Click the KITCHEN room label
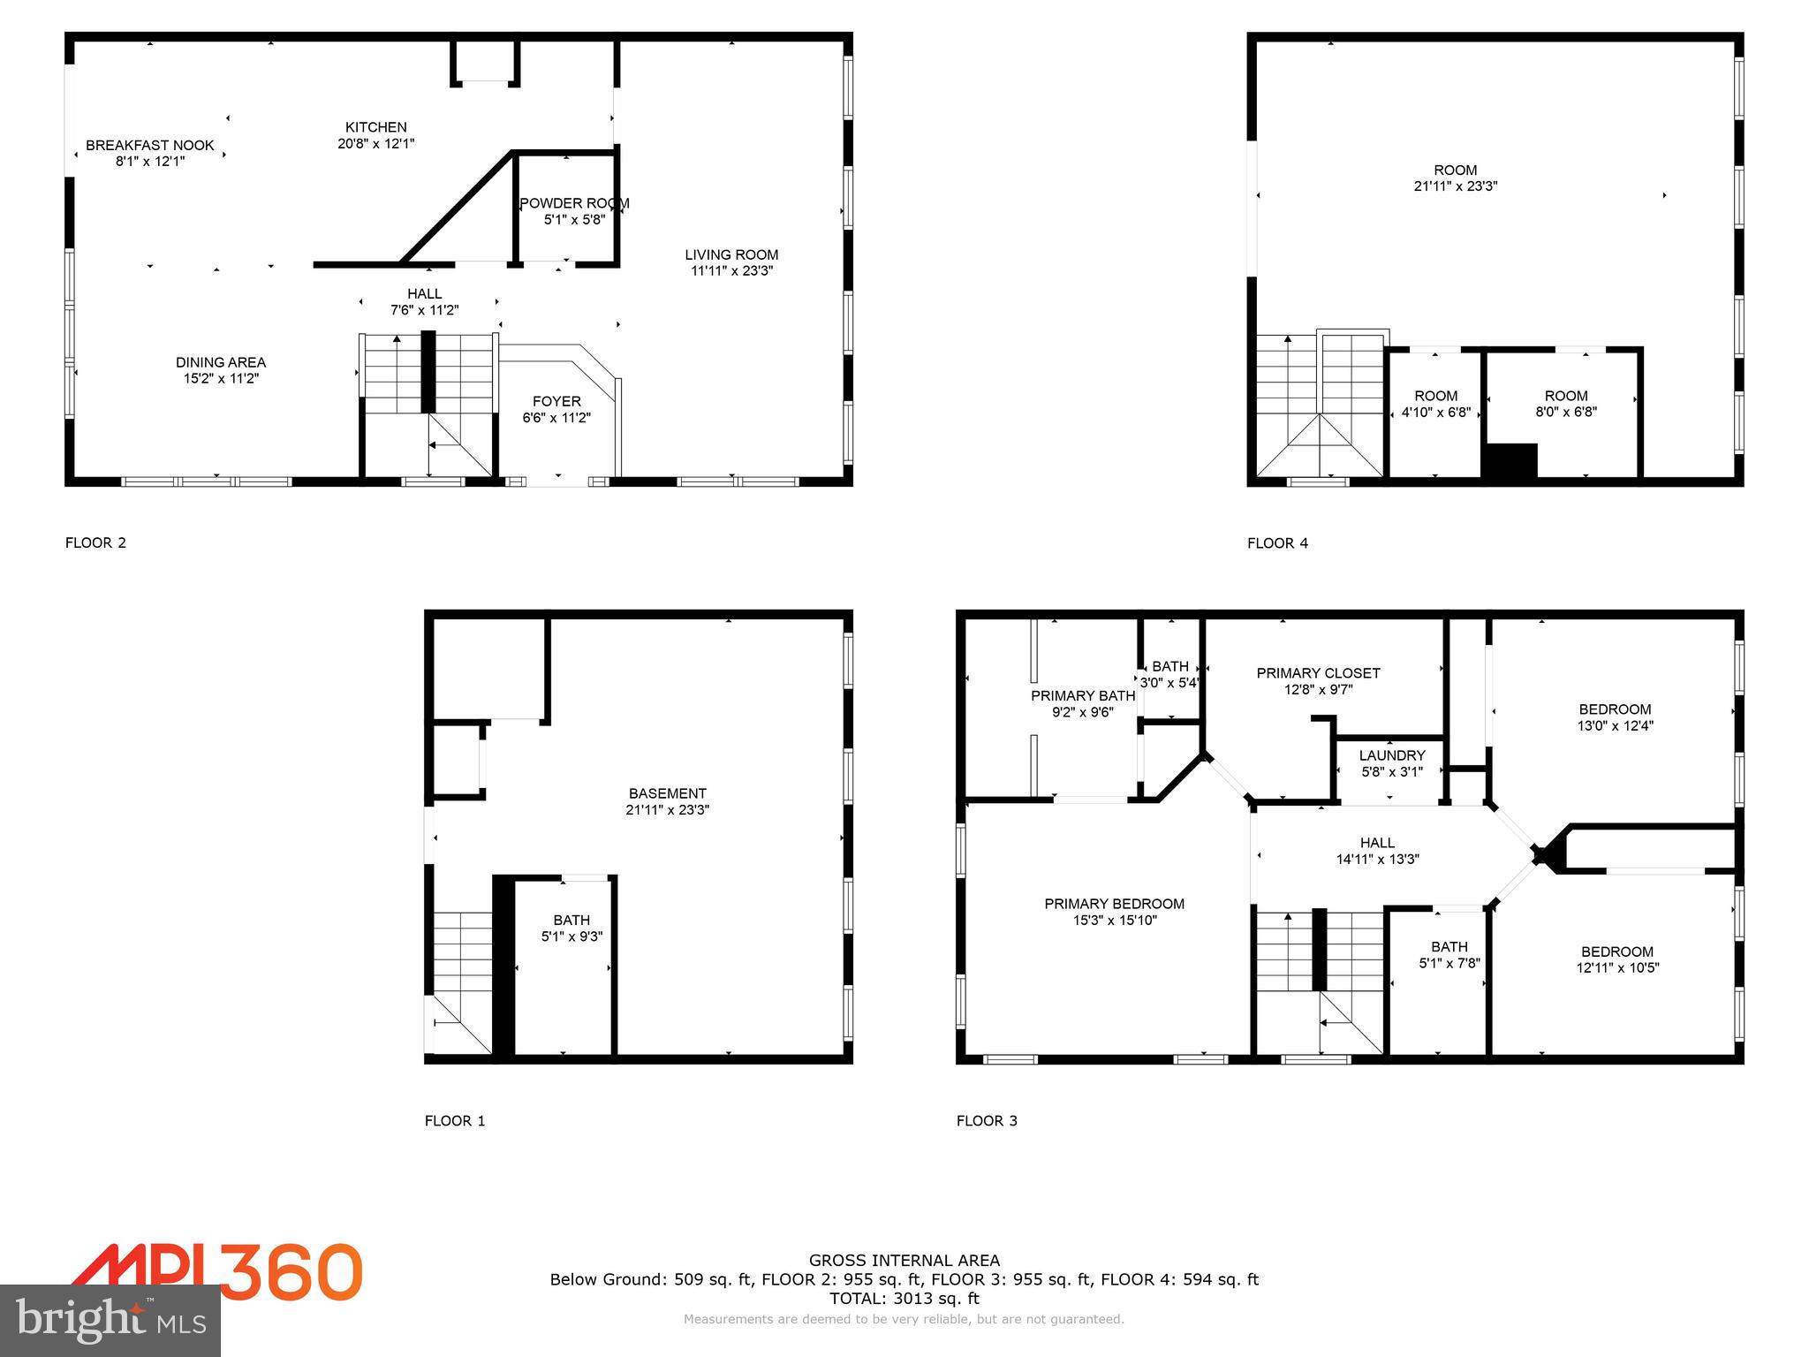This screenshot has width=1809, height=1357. [x=375, y=127]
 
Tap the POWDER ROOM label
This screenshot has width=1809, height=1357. [x=574, y=203]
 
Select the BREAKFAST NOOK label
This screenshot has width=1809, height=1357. [x=150, y=146]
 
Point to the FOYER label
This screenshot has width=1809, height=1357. [x=556, y=401]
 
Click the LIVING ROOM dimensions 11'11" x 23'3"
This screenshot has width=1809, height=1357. [x=731, y=271]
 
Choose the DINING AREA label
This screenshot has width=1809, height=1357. [x=221, y=362]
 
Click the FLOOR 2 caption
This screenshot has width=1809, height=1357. [x=95, y=542]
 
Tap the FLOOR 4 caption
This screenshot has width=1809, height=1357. [x=1277, y=543]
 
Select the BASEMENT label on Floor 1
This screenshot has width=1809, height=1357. [x=668, y=793]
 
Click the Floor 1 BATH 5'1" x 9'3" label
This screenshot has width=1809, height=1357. [x=571, y=928]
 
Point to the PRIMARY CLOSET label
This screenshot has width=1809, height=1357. [x=1318, y=673]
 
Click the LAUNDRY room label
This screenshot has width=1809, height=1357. [x=1392, y=755]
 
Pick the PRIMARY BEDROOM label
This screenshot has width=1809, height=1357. [x=1114, y=904]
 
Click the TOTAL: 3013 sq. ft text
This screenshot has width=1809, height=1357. [x=904, y=1299]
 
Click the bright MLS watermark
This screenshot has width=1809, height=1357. [x=110, y=1321]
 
